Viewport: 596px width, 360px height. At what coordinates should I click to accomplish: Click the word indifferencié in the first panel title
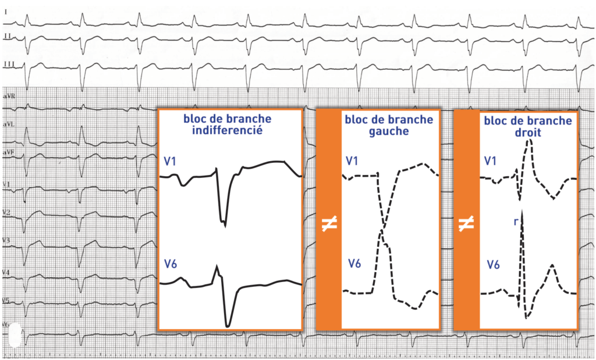point(230,130)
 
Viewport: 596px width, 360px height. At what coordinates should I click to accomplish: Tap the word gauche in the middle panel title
point(388,131)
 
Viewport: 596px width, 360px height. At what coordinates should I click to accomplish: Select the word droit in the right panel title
point(528,132)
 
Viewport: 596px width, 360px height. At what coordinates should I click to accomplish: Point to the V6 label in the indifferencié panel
point(170,265)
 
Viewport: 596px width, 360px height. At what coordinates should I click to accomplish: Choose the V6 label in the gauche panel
point(354,264)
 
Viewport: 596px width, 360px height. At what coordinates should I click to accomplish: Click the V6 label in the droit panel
point(493,265)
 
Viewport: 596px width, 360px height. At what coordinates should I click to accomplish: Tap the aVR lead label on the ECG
point(9,94)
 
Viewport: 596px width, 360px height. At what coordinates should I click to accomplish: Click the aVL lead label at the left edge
point(9,124)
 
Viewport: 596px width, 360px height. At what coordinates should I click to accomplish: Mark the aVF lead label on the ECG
point(9,152)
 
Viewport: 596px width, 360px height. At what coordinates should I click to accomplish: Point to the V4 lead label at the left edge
point(6,272)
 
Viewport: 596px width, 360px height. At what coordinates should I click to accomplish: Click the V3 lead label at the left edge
point(6,240)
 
